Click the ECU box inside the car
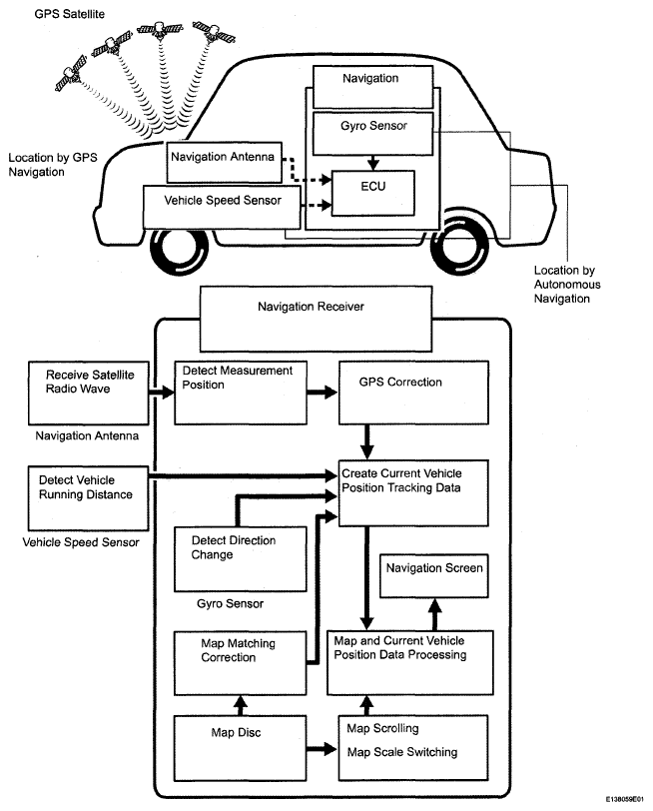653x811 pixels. click(372, 193)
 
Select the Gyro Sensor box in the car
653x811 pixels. click(372, 134)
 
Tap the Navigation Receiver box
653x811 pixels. click(316, 320)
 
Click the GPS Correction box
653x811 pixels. click(413, 393)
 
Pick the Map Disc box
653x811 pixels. click(240, 748)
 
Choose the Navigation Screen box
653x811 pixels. click(433, 575)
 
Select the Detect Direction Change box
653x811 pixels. click(240, 559)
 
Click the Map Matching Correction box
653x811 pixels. click(240, 663)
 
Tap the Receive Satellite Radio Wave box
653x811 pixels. click(89, 394)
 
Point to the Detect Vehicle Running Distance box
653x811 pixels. click(89, 498)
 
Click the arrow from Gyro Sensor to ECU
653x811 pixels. click(372, 163)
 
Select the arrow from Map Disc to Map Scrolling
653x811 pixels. click(322, 748)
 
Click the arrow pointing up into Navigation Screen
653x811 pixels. click(435, 614)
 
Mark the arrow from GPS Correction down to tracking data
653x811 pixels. click(366, 442)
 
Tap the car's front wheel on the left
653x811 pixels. click(179, 250)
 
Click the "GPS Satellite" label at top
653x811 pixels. click(69, 14)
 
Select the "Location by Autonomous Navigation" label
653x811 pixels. click(567, 284)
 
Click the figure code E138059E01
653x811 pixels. click(625, 799)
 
